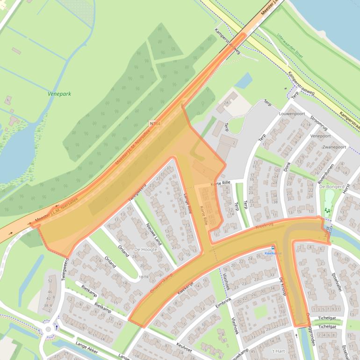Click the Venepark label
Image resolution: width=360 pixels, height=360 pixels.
tap(59, 94)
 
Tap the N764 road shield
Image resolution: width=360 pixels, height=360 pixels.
tap(155, 123)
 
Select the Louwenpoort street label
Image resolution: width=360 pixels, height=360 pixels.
tap(292, 114)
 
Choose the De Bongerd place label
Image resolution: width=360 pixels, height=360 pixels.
tap(331, 186)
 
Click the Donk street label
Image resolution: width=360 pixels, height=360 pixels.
tap(287, 166)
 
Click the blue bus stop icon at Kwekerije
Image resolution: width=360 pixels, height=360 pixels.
tap(273, 248)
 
